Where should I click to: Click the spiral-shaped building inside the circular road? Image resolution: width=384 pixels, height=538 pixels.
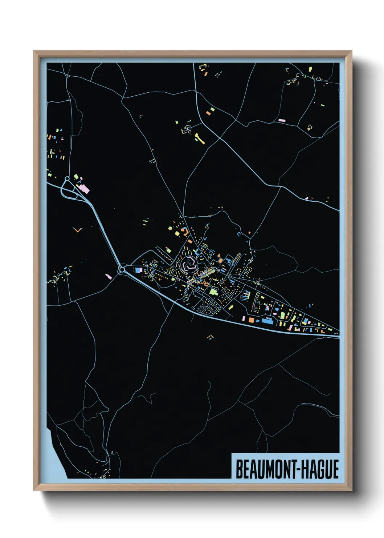coord(188,263)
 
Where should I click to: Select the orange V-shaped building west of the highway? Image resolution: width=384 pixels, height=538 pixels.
coord(77,230)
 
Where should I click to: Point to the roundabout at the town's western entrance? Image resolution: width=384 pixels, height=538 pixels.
coord(122,270)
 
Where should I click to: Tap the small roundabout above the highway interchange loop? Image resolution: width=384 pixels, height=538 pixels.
coord(67,178)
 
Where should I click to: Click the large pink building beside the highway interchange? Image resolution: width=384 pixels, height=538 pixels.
coord(84,189)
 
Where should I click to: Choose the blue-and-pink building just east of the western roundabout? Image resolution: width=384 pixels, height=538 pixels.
coord(138,270)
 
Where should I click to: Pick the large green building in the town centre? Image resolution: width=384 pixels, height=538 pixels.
coord(213,291)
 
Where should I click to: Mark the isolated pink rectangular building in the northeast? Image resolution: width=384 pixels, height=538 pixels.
coord(282,120)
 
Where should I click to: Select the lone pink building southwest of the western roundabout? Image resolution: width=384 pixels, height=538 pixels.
coord(108,277)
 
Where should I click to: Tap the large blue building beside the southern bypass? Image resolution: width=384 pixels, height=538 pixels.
coord(267,321)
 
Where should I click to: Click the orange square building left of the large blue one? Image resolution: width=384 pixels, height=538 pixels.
coord(251,320)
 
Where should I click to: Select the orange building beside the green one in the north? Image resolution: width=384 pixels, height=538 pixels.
coord(208,113)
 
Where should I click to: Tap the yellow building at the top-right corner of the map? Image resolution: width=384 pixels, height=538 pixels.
coord(310,69)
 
